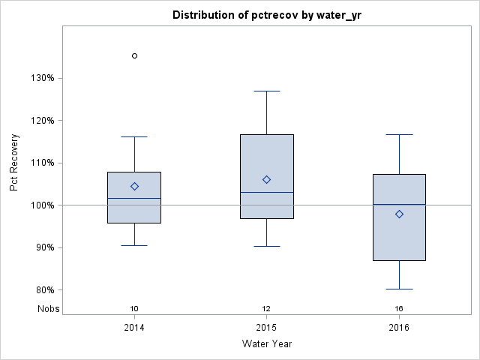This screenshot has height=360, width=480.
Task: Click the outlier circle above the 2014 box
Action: click(134, 55)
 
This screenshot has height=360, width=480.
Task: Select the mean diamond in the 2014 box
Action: click(134, 186)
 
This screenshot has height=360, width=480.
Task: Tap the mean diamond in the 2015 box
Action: click(267, 179)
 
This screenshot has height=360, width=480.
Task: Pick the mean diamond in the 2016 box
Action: click(399, 214)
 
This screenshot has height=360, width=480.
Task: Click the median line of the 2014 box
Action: click(134, 198)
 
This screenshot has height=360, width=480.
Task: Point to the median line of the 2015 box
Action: click(267, 192)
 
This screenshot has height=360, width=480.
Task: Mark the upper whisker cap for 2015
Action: click(267, 91)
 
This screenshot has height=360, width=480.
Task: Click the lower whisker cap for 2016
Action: click(399, 289)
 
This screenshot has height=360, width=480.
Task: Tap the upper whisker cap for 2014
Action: click(134, 137)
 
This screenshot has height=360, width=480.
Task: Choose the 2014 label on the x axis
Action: click(134, 327)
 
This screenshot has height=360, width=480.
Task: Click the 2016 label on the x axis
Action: click(399, 327)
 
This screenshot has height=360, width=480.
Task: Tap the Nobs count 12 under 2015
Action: click(267, 308)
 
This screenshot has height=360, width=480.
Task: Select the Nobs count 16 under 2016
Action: click(399, 308)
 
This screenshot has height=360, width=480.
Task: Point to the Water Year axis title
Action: click(266, 343)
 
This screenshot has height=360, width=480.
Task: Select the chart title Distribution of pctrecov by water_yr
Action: click(266, 15)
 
